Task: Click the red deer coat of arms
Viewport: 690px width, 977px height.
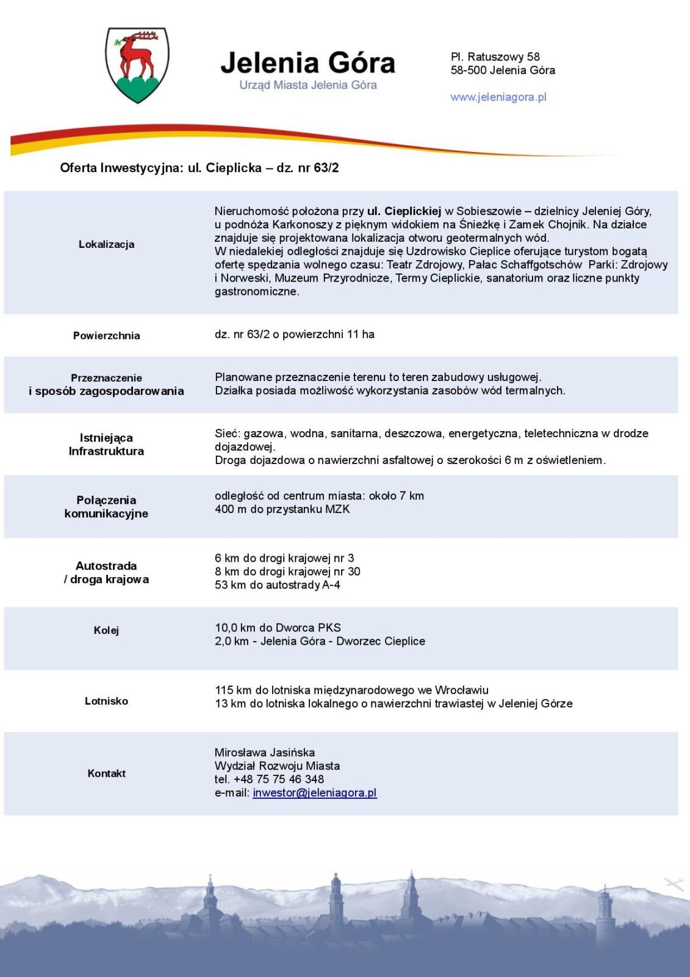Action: click(137, 64)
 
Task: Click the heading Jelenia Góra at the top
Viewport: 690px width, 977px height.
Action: click(307, 63)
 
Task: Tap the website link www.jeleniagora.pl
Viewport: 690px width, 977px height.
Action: click(498, 97)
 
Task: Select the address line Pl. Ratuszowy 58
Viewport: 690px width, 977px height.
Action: click(495, 57)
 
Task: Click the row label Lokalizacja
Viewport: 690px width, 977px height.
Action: click(106, 244)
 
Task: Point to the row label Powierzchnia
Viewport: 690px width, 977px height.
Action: click(106, 335)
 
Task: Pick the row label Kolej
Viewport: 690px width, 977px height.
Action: click(106, 630)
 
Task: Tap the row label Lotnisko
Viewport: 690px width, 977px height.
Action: click(106, 701)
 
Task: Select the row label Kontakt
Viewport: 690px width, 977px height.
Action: click(106, 773)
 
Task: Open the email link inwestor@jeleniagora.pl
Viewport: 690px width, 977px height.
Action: click(315, 793)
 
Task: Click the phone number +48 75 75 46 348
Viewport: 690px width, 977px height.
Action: click(279, 779)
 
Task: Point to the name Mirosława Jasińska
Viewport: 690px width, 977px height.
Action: click(265, 752)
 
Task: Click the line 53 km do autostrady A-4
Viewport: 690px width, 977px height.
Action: click(278, 585)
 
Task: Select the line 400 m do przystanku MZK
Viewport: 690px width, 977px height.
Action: click(282, 509)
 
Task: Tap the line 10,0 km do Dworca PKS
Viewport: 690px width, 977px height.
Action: click(278, 628)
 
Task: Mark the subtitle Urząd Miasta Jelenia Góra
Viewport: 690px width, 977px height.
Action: click(307, 85)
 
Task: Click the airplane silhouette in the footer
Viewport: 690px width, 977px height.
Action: click(673, 884)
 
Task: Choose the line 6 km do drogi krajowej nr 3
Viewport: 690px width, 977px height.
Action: click(284, 558)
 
